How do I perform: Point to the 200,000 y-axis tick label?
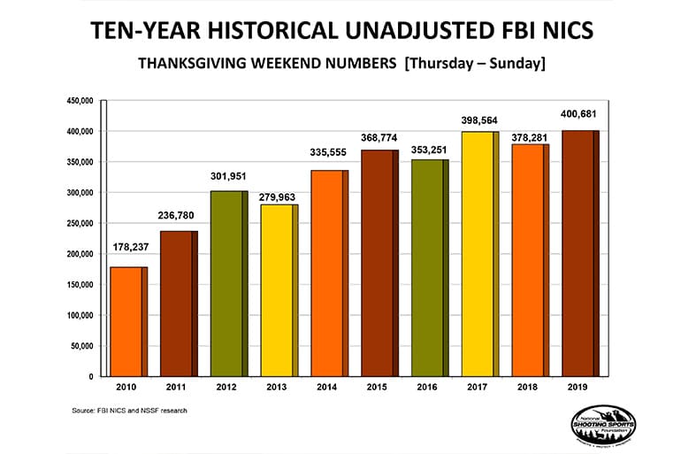coord(80,254)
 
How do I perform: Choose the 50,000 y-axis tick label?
coord(81,346)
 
